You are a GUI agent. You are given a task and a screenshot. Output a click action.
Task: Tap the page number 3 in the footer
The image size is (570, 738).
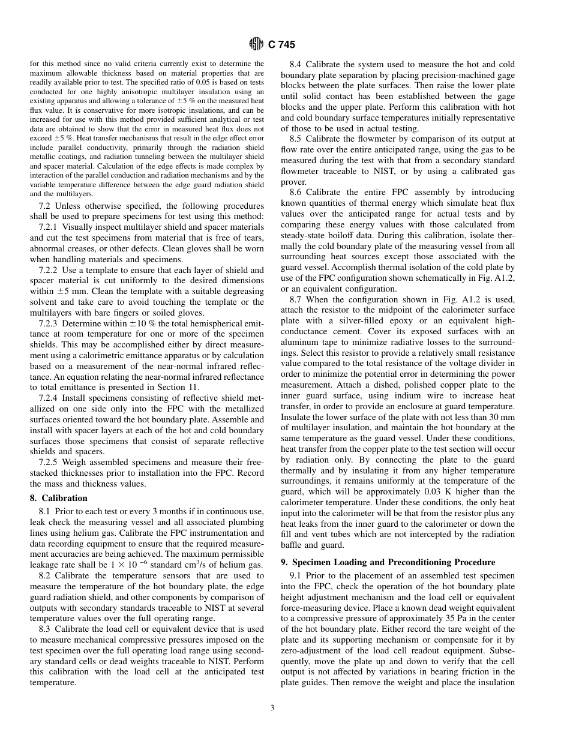[272, 708]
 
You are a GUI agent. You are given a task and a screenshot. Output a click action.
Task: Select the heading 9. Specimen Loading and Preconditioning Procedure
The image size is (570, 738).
[388, 562]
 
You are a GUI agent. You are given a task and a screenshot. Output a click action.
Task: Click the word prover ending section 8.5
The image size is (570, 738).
[293, 182]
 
